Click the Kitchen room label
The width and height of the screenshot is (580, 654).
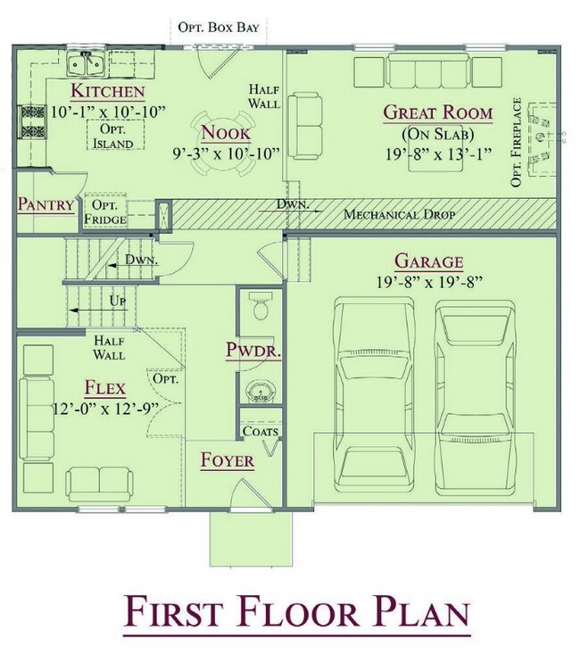click(108, 91)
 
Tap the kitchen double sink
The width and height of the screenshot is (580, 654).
click(87, 64)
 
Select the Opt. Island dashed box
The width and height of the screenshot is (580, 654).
click(116, 135)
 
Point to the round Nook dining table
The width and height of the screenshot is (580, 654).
click(223, 142)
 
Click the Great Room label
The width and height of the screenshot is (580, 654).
click(438, 113)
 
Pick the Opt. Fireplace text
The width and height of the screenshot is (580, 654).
click(517, 142)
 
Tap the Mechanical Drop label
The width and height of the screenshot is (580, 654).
click(400, 214)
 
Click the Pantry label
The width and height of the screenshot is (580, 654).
click(46, 204)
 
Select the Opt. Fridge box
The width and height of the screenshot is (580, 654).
click(105, 211)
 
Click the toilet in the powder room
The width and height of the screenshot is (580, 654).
click(261, 306)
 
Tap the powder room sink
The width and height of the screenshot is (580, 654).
click(259, 392)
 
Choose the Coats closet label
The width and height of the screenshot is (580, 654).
click(261, 431)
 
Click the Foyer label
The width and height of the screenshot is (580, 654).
click(228, 460)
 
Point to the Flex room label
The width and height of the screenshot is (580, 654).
click(105, 388)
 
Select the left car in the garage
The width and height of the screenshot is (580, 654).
click(374, 395)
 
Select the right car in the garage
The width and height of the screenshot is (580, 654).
click(476, 396)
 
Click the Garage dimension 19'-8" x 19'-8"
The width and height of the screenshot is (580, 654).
click(429, 282)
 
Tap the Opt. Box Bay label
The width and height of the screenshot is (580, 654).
click(219, 28)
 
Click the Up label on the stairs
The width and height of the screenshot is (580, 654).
click(118, 301)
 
